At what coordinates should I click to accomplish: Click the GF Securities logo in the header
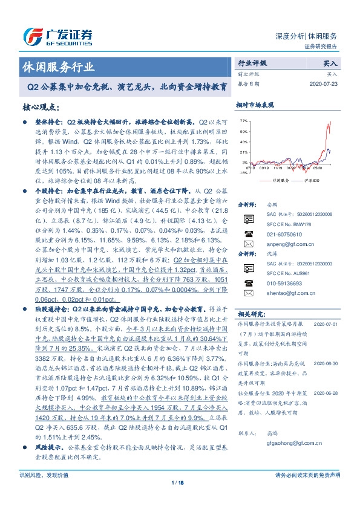57,36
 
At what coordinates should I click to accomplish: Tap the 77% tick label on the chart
244,121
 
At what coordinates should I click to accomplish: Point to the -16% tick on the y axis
243,172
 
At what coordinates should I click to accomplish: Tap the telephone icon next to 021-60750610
247,249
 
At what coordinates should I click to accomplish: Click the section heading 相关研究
251,314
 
